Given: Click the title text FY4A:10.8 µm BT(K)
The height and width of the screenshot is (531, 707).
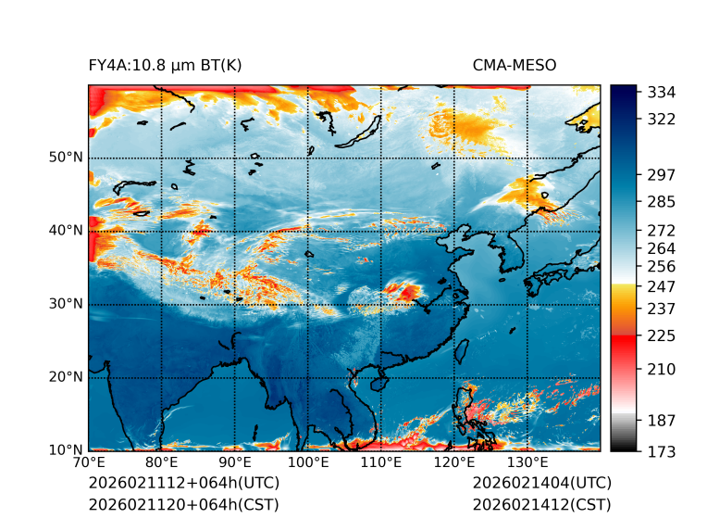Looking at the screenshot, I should (x=165, y=65).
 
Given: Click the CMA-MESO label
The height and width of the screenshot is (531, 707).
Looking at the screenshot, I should (x=515, y=65).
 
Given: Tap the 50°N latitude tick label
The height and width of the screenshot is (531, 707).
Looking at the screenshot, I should (x=65, y=158).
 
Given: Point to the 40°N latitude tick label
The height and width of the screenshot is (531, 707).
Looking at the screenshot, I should (x=65, y=231).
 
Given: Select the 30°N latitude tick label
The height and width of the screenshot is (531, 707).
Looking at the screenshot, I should (x=65, y=304).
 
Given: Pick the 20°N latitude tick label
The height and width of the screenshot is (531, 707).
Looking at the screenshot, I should (x=65, y=377).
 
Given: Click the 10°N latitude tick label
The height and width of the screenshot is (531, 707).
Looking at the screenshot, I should (x=65, y=450).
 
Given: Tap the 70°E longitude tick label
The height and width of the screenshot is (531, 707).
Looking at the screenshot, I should (x=89, y=462).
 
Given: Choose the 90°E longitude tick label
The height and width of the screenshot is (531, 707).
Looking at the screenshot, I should (x=235, y=462).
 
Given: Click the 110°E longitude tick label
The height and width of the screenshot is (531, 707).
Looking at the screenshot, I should (x=381, y=462).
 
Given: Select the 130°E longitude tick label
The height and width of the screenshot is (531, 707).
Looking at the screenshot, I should (x=527, y=462).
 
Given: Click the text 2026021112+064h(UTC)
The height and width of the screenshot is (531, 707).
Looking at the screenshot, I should (x=183, y=484).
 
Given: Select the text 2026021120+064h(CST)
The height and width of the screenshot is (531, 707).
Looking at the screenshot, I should (x=183, y=505).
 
